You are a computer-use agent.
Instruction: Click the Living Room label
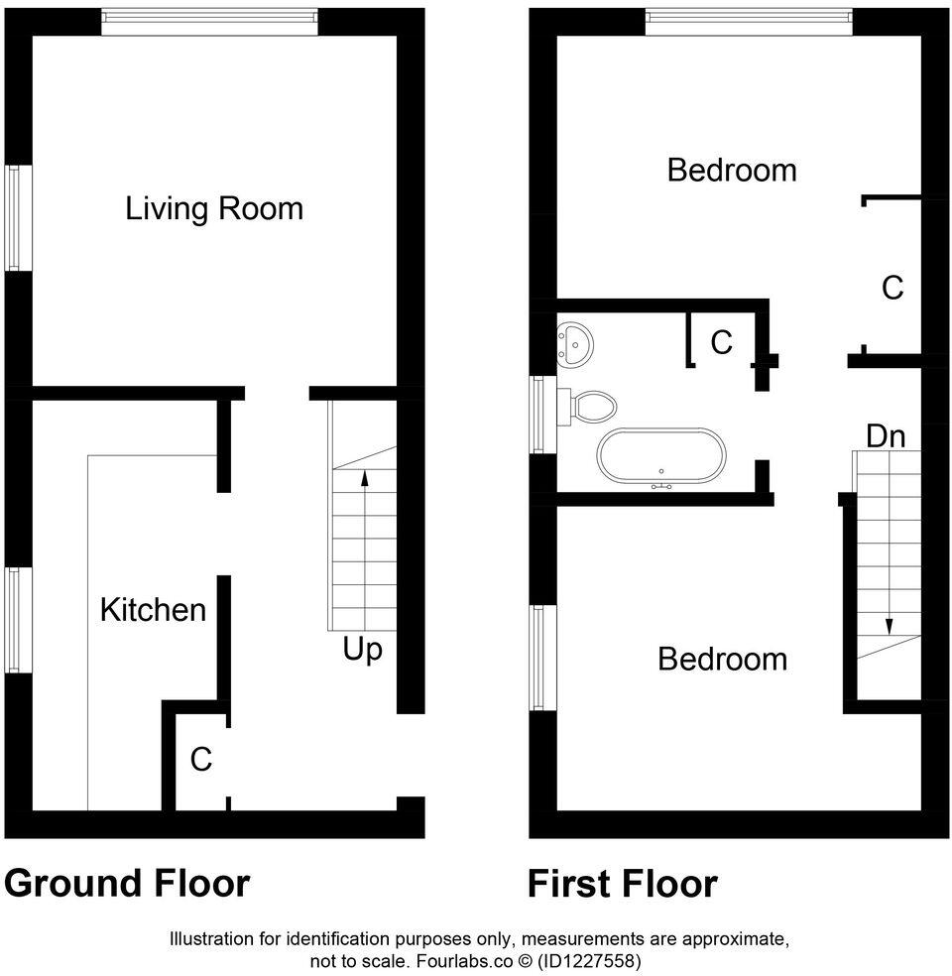coord(213,208)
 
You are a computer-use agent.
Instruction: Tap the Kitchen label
coord(153,609)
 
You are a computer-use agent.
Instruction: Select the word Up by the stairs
coord(363,650)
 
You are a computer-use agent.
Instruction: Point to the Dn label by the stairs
coord(886,435)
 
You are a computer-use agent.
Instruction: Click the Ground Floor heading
coord(127,883)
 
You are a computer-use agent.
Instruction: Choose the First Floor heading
coord(622,883)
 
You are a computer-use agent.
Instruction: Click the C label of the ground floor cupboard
coord(201,760)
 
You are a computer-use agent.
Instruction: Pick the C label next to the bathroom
coord(721,342)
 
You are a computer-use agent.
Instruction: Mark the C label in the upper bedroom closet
coord(892,288)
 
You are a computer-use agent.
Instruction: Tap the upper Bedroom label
coord(731,170)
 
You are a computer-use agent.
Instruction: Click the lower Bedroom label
coord(722,660)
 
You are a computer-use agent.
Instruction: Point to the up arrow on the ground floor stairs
coord(364,479)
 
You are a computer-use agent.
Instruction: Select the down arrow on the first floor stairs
coord(889,626)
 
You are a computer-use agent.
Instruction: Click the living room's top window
coord(209,21)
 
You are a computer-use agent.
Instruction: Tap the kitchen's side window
coord(15,621)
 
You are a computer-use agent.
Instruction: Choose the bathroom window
coord(540,414)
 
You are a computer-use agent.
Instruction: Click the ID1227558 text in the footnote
coord(590,960)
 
